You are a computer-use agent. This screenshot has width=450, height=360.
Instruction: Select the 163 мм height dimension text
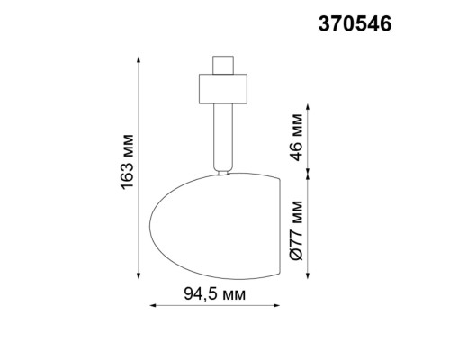[x=127, y=167]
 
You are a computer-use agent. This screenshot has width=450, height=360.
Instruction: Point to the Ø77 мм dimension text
[x=298, y=236]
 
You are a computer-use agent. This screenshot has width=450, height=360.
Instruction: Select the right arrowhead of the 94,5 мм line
[x=275, y=307]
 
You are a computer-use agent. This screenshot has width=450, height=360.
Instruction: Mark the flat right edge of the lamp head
[x=275, y=225]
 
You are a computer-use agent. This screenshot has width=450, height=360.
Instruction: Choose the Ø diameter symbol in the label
[x=298, y=263]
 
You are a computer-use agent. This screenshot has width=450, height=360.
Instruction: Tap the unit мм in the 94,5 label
[x=233, y=294]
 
